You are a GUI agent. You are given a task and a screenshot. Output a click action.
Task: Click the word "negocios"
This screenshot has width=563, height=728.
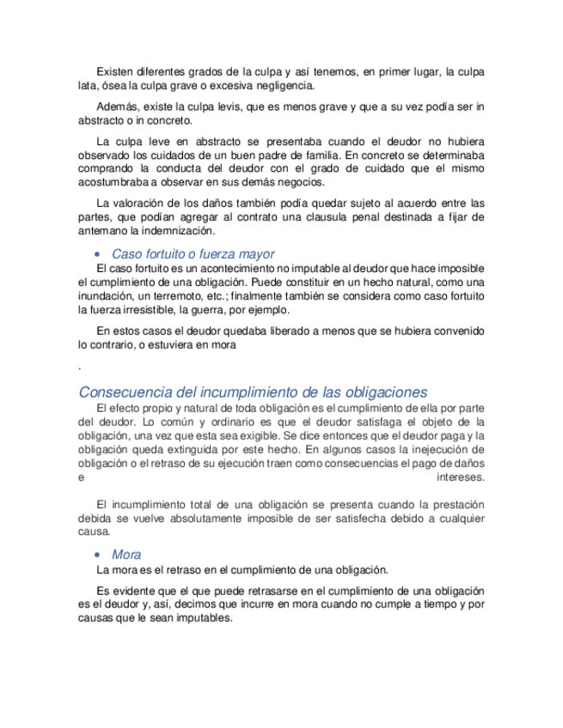click(x=300, y=183)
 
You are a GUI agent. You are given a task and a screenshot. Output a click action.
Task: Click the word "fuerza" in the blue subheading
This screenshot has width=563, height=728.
click(x=220, y=254)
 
